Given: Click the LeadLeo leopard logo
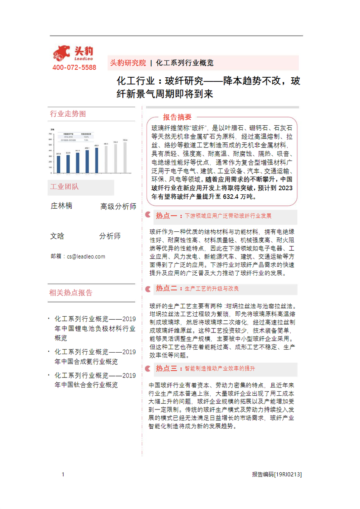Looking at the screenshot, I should (x=62, y=53).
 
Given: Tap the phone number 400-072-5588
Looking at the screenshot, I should (x=74, y=67).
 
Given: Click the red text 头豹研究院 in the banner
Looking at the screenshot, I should (x=128, y=63).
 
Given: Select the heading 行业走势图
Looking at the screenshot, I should (x=68, y=114).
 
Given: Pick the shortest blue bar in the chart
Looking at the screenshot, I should (x=58, y=164).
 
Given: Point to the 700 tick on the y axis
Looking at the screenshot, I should (x=50, y=134).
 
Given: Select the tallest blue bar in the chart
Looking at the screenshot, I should (x=97, y=160).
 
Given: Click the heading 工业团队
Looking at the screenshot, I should (x=64, y=187).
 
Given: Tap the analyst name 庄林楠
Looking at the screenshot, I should (x=61, y=206).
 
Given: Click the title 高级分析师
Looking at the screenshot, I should (x=118, y=206).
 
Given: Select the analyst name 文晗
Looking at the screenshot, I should (x=57, y=236).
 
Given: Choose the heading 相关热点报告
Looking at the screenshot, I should (x=71, y=293).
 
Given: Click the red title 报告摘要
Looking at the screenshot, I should (x=177, y=117).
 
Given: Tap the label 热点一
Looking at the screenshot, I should (x=166, y=216).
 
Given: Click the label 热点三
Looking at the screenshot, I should (x=166, y=368).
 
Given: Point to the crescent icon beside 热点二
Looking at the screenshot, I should (x=148, y=289).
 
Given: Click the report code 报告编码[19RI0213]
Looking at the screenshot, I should (x=277, y=474).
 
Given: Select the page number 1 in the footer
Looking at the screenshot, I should (x=63, y=474).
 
